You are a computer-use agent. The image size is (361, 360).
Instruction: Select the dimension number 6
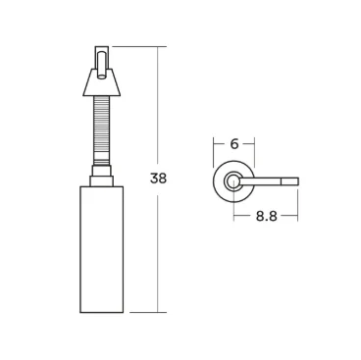coord(234,143)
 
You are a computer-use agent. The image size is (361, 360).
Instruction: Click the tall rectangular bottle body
coord(101,248)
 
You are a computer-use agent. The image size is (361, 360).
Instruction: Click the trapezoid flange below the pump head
coord(101,84)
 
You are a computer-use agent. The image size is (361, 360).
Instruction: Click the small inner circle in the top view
coord(233,180)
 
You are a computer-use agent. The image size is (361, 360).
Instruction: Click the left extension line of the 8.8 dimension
coord(233,206)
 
